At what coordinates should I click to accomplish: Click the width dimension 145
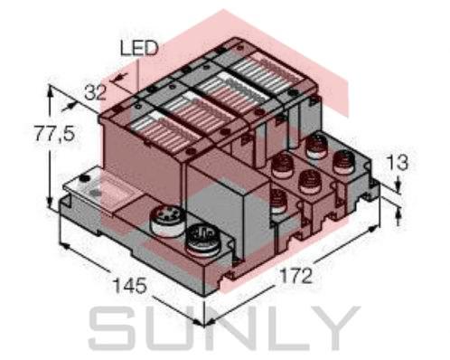click(128, 287)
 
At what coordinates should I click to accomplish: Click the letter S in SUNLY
click(117, 329)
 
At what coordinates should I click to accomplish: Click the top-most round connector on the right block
click(317, 144)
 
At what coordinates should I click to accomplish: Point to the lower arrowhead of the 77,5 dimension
click(49, 209)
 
